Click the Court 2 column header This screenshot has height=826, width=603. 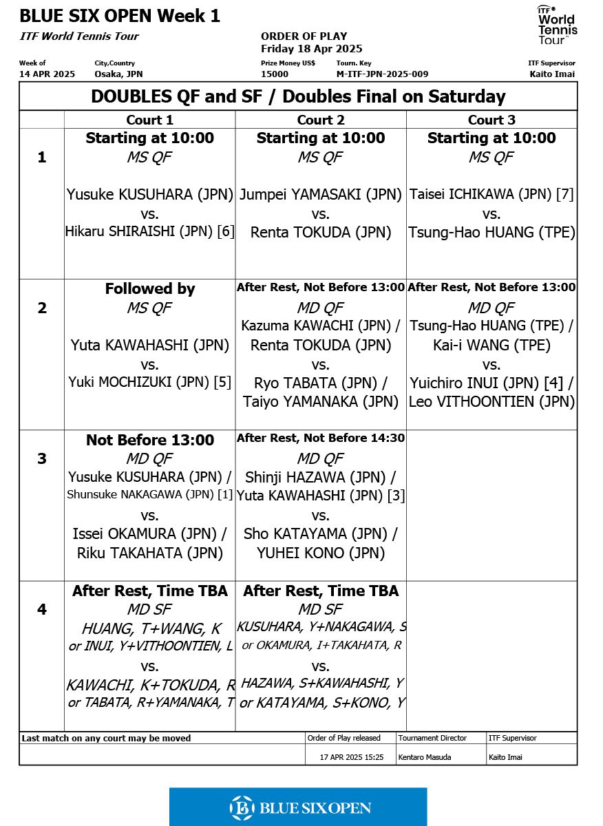[x=321, y=120]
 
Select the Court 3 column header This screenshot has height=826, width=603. [x=491, y=120]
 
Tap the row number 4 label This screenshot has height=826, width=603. [x=42, y=609]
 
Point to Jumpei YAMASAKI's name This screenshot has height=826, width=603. [x=321, y=195]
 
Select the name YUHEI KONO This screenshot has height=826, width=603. [x=321, y=553]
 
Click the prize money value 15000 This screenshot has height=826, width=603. [x=275, y=74]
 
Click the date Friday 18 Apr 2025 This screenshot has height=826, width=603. [x=311, y=49]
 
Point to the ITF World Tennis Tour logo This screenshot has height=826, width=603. [x=557, y=25]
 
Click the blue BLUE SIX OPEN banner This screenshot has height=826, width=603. [x=298, y=807]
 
